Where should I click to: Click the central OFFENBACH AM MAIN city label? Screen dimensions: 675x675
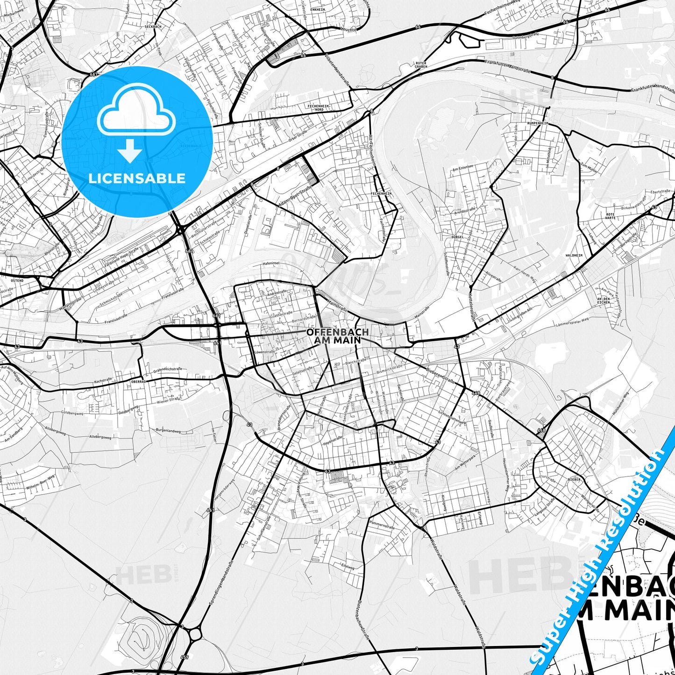tap(337, 336)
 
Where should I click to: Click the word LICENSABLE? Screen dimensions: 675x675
tap(137, 178)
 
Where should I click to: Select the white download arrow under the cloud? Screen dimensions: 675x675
tap(130, 151)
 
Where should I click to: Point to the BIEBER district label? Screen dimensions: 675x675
tap(574, 479)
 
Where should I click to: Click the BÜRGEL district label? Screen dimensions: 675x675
tap(457, 237)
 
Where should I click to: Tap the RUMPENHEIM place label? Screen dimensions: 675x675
tap(537, 123)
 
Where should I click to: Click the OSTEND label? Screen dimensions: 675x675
tap(17, 281)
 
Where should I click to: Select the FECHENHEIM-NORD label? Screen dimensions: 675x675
tap(319, 108)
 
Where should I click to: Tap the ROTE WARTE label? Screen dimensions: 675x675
tap(610, 216)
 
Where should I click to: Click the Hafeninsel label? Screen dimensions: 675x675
tap(271, 263)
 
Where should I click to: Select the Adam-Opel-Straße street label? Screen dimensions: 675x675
tap(294, 196)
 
